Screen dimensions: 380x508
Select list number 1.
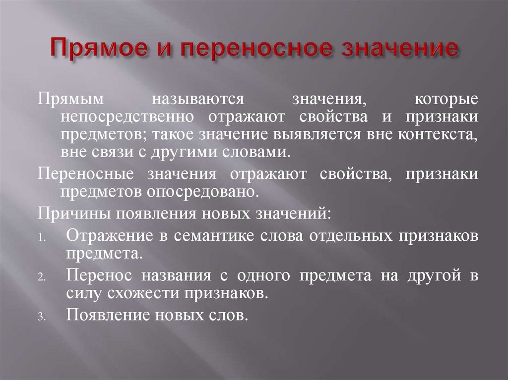[x=41, y=237]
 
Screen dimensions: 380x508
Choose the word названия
[x=171, y=275]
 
